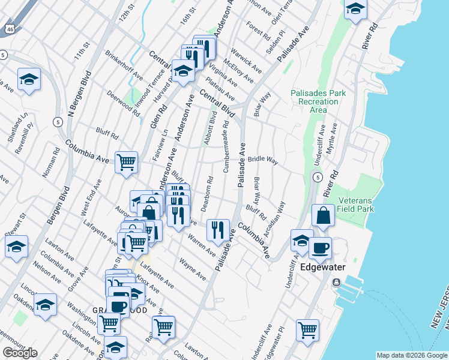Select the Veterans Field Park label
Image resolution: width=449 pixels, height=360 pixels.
[x=357, y=205]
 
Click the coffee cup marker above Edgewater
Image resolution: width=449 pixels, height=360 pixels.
[x=320, y=247]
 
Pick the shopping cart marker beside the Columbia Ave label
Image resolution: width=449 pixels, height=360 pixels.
[x=126, y=161]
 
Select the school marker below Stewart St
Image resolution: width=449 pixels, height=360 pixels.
[x=16, y=246]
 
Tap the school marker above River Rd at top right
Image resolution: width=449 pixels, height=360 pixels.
[x=355, y=10]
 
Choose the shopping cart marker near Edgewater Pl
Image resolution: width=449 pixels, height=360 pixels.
[x=307, y=329]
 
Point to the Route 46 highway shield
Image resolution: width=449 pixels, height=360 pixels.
[x=8, y=29]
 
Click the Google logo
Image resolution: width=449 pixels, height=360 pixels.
[x=20, y=353]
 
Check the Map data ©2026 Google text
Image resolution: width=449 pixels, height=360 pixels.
[x=412, y=355]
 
